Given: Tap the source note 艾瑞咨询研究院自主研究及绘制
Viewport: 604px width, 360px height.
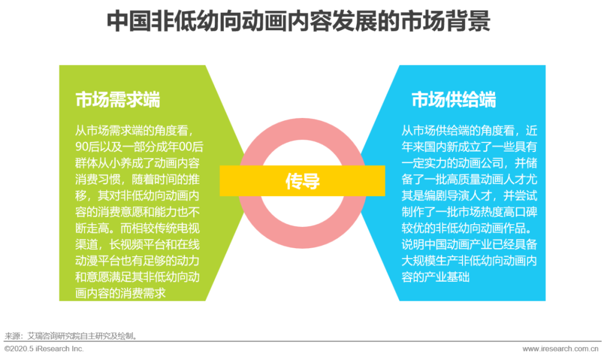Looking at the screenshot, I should coord(79,336).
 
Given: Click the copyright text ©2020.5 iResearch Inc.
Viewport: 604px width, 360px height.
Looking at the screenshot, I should coord(44,349).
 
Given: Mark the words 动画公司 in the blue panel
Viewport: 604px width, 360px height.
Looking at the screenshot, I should coord(485,163).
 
